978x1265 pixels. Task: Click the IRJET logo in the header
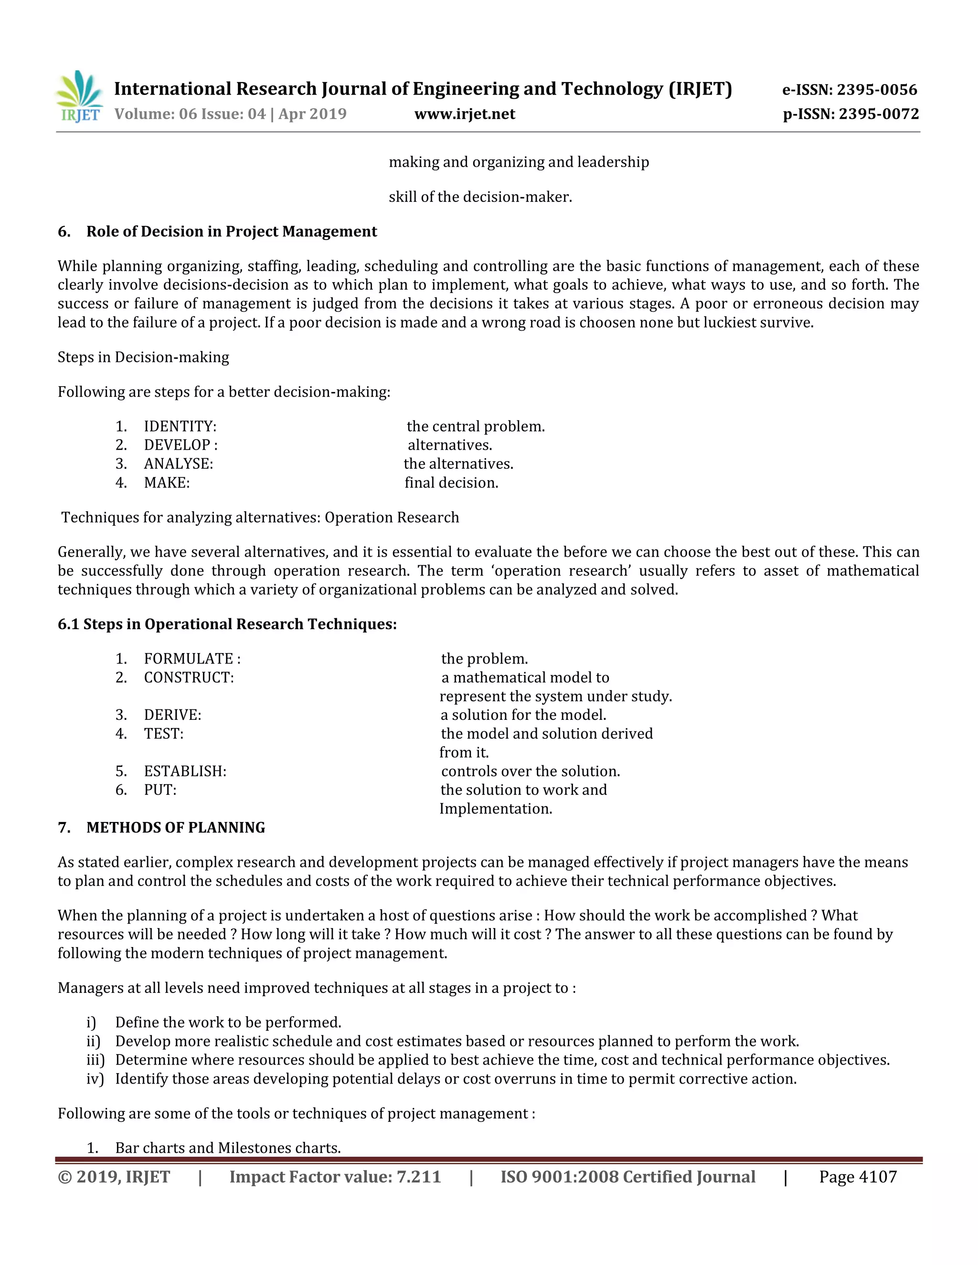pos(79,97)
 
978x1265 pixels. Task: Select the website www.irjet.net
pos(465,114)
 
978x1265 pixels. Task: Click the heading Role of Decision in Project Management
pos(231,232)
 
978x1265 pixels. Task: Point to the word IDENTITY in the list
pos(180,427)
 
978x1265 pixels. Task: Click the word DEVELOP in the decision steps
pos(177,445)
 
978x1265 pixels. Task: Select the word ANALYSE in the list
pos(178,464)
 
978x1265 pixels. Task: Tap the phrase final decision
pos(451,483)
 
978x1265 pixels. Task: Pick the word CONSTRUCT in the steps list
pos(188,678)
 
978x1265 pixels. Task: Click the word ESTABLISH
pos(185,771)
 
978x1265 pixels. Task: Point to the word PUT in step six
pos(159,790)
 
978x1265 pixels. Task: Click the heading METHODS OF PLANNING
pos(176,828)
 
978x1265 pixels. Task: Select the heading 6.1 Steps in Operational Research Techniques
pos(227,624)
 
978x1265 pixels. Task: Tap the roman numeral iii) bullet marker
pos(96,1061)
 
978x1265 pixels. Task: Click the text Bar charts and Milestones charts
pos(228,1148)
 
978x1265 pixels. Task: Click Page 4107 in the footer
pos(858,1178)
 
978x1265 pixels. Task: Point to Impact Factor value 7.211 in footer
pos(335,1178)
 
